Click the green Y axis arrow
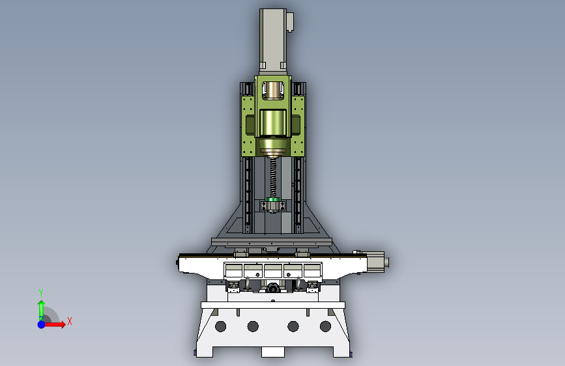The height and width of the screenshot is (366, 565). tap(41, 310)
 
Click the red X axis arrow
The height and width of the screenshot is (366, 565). tap(54, 324)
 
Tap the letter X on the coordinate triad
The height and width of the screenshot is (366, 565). tap(70, 321)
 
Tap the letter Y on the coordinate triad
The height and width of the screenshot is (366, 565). tap(41, 292)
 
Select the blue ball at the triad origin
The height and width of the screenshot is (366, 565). tap(42, 324)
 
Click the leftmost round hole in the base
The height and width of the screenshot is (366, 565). tap(220, 326)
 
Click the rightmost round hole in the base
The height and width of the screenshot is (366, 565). tap(325, 326)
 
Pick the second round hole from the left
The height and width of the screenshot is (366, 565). tap(253, 326)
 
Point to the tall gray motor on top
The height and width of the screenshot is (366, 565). tap(273, 42)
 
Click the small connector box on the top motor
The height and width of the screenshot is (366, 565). tap(290, 22)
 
